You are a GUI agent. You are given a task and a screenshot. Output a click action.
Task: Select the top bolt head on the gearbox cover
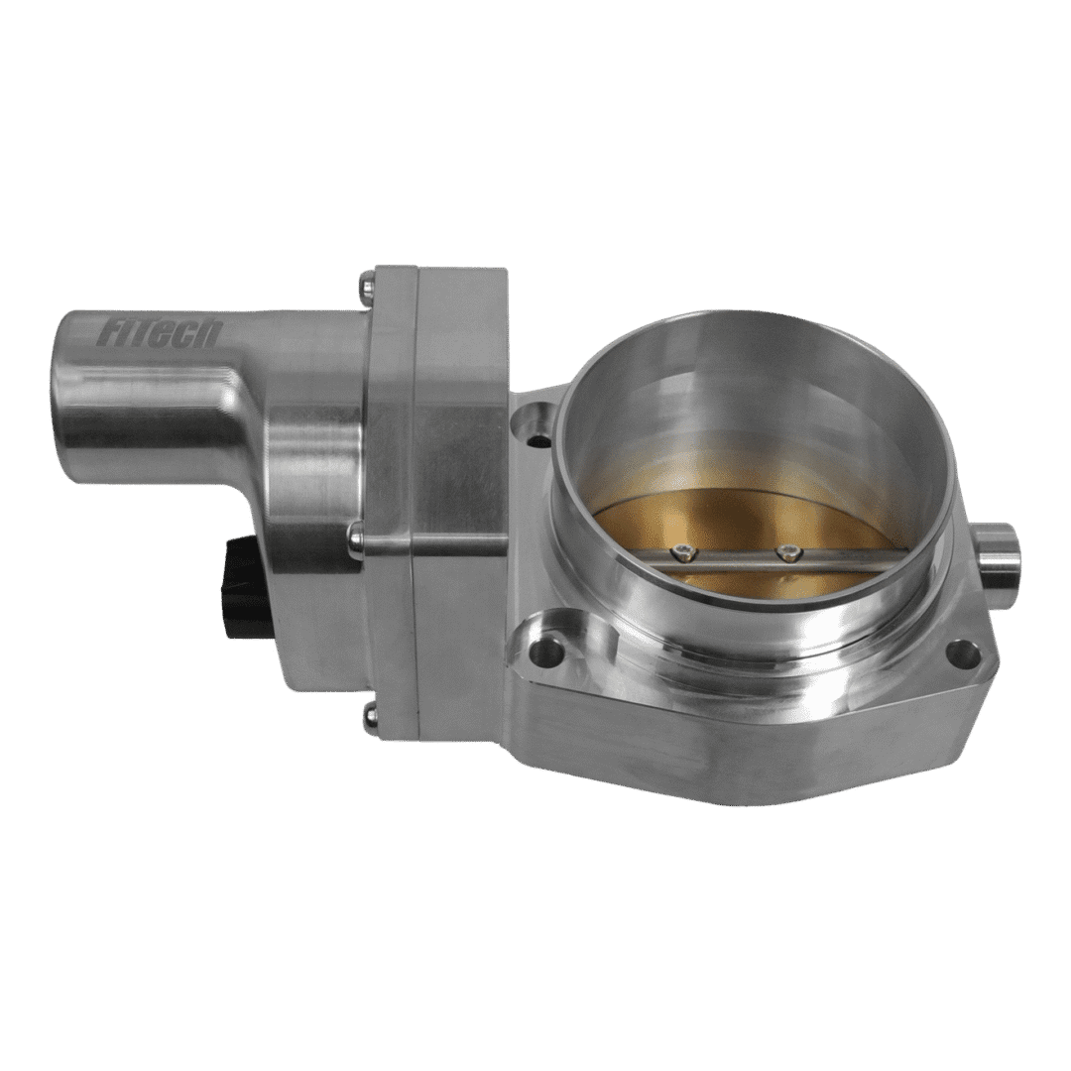(x=368, y=282)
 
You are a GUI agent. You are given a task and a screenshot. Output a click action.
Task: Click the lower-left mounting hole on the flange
(x=548, y=651)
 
